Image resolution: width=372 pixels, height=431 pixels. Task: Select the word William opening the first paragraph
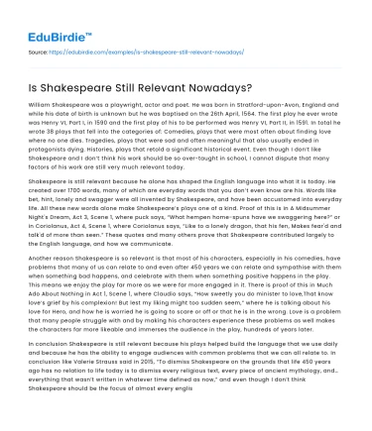coord(44,103)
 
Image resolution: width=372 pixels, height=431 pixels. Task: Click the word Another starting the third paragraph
coord(45,270)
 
